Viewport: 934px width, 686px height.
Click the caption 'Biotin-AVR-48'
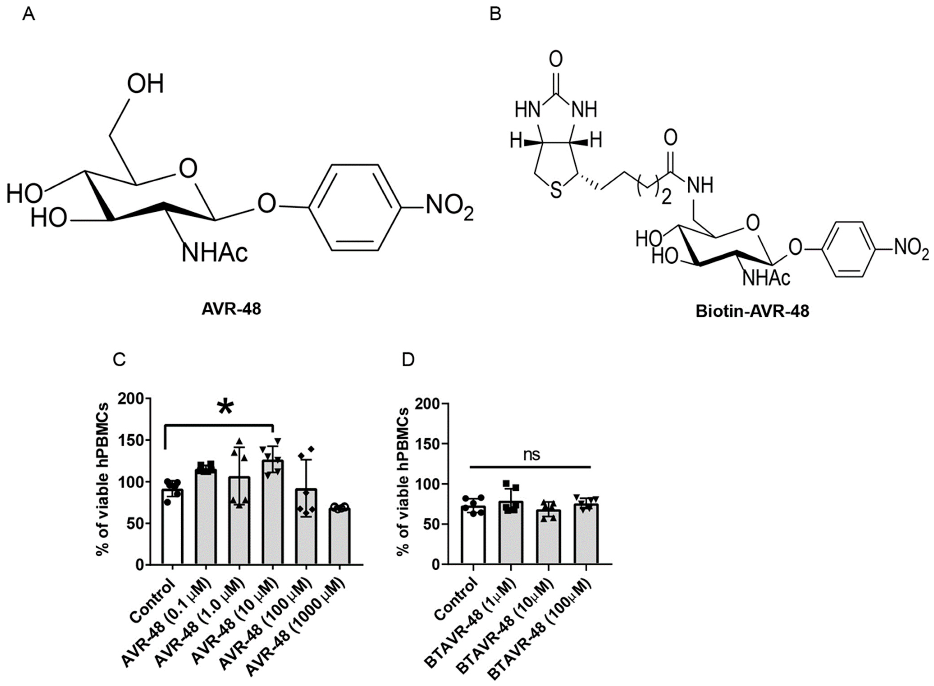(752, 311)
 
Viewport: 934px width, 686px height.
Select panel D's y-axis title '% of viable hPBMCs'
(403, 481)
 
